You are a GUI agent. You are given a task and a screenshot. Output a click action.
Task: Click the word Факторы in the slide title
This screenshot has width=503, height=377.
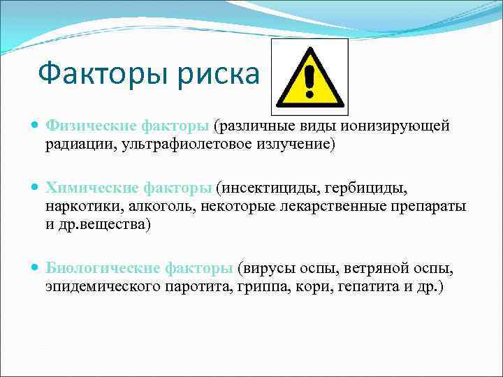[95, 73]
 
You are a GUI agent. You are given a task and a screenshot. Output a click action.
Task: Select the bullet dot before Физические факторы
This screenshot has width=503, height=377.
[36, 126]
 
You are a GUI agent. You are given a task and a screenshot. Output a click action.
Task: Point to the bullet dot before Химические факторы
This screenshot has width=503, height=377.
[36, 188]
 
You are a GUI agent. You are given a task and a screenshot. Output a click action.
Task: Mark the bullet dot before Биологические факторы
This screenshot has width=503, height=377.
[36, 268]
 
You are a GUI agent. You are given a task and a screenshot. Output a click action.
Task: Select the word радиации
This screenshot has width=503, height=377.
[78, 144]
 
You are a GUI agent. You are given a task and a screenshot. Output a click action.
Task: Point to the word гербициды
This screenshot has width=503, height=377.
[377, 188]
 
